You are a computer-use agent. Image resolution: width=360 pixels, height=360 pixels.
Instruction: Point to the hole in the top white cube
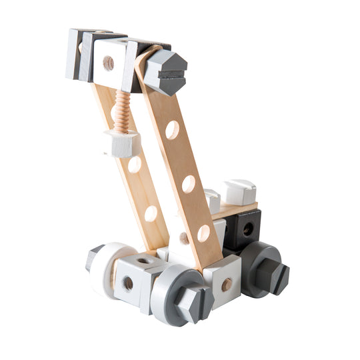click(x=108, y=63)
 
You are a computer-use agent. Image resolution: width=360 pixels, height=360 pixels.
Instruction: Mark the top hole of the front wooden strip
click(x=172, y=129)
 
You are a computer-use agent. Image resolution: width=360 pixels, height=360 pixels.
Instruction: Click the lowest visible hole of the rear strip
click(x=151, y=213)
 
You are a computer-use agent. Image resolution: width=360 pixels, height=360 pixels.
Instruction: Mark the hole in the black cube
click(x=248, y=229)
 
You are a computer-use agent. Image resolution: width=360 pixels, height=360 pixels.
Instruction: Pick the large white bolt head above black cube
click(x=239, y=192)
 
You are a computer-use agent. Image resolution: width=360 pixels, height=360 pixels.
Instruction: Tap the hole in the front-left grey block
click(x=128, y=283)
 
